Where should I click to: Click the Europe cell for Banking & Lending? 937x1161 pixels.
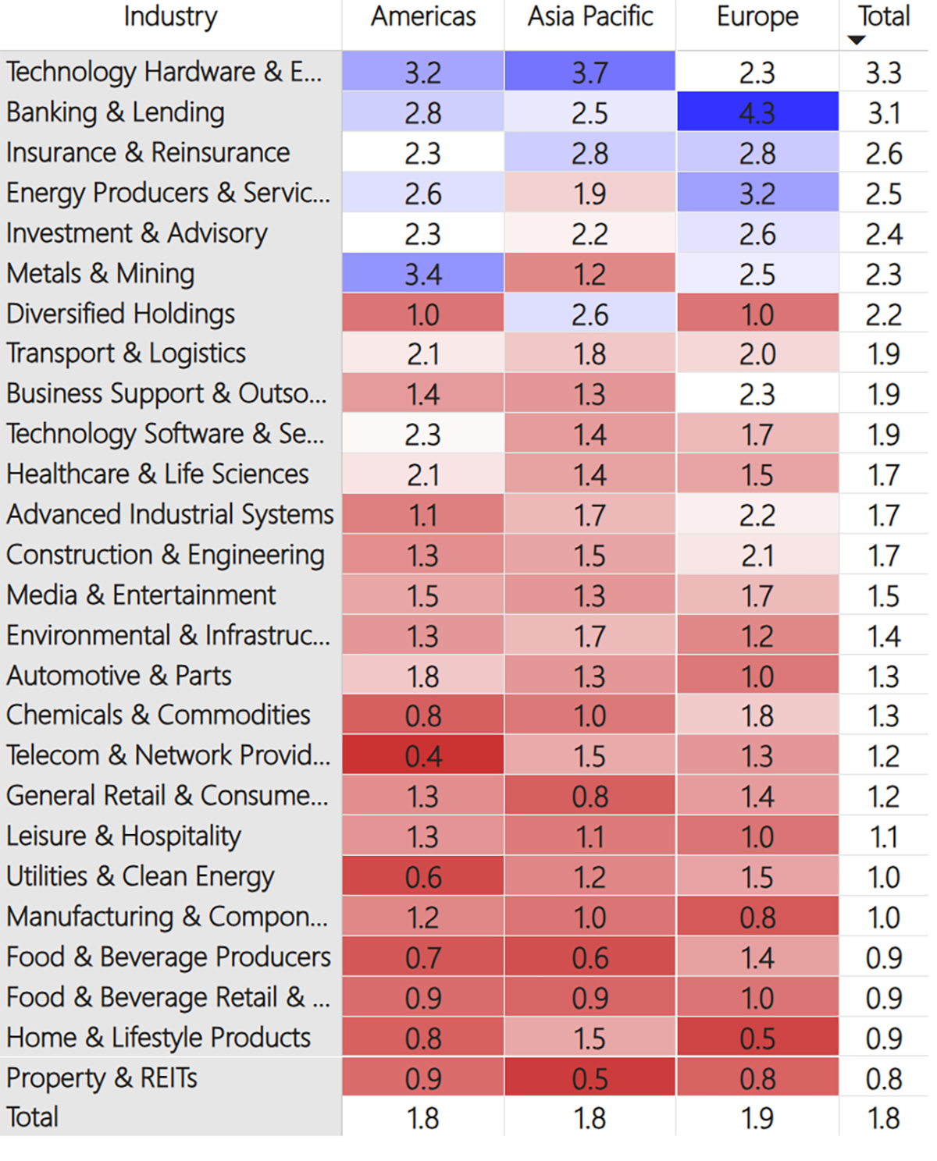click(757, 112)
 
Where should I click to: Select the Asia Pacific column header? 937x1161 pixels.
click(590, 16)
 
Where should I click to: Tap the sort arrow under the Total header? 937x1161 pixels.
click(857, 40)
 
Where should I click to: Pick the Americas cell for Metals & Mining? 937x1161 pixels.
click(423, 273)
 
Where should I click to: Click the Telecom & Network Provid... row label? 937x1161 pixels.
click(168, 755)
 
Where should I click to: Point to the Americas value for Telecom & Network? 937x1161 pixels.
click(423, 755)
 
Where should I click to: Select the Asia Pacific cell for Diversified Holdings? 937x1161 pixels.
click(590, 314)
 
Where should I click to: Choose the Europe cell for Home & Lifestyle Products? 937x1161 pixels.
click(757, 1038)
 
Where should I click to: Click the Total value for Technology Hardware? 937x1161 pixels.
click(884, 73)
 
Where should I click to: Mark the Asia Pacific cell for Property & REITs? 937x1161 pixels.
click(590, 1078)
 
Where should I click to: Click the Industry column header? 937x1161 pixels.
click(171, 17)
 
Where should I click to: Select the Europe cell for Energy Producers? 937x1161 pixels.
click(757, 193)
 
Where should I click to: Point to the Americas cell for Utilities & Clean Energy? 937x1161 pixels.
click(423, 876)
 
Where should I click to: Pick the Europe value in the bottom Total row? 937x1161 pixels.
click(757, 1118)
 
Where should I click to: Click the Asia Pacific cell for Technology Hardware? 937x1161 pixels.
click(590, 71)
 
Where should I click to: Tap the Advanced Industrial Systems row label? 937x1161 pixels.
click(170, 514)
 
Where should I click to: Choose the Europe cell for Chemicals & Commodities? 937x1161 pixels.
click(757, 715)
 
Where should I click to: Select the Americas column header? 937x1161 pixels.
click(423, 16)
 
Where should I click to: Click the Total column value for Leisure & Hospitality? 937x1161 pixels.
click(884, 836)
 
